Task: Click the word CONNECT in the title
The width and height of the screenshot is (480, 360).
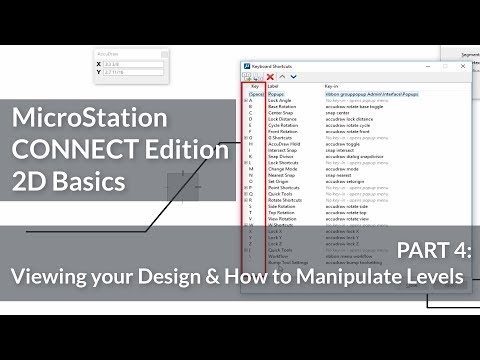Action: [74, 151]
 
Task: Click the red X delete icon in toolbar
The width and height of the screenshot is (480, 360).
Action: [270, 76]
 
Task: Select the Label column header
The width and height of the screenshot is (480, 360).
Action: [276, 86]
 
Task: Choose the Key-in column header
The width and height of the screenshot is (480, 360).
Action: [334, 86]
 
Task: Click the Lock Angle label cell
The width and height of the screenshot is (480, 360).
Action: [279, 100]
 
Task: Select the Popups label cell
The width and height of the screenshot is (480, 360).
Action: [277, 93]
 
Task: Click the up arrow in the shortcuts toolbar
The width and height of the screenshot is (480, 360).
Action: [281, 76]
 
